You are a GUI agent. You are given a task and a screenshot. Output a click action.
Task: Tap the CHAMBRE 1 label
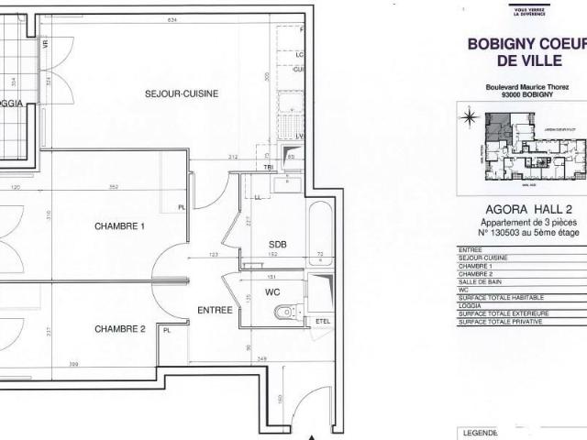click(119, 225)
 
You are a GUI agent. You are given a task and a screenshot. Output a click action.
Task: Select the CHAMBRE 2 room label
click(119, 328)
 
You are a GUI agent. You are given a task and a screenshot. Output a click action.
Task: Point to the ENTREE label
click(215, 311)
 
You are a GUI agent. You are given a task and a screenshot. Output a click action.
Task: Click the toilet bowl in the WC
click(286, 313)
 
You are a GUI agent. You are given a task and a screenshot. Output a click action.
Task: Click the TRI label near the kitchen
click(269, 167)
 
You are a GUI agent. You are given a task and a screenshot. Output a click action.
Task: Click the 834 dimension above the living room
click(172, 21)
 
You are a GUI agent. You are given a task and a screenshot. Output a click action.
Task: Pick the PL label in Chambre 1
click(182, 207)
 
